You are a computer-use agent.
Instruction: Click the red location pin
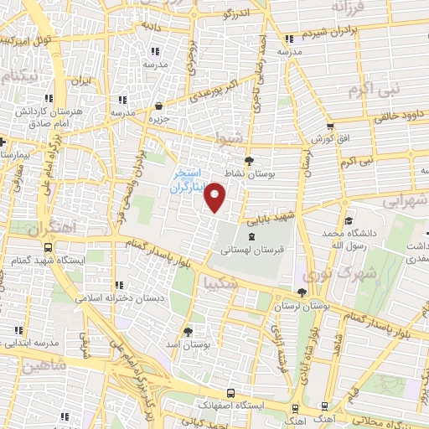pyautogui.click(x=216, y=198)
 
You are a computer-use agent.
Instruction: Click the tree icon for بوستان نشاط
pyautogui.click(x=249, y=160)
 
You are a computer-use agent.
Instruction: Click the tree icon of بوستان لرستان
pyautogui.click(x=302, y=292)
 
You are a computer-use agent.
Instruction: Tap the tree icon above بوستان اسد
pyautogui.click(x=189, y=330)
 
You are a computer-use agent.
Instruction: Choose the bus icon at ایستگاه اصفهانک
pyautogui.click(x=230, y=392)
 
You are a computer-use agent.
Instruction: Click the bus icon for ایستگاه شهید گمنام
pyautogui.click(x=49, y=248)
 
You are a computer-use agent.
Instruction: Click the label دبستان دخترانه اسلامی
pyautogui.click(x=116, y=298)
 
